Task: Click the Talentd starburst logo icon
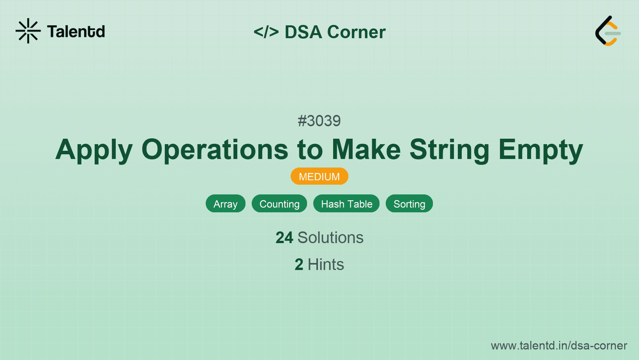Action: tap(28, 31)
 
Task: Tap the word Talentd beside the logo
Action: tap(76, 32)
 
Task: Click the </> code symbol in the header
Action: tap(266, 32)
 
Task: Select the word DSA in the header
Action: tap(304, 32)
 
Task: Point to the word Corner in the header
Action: tap(356, 32)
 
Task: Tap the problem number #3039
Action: tap(319, 121)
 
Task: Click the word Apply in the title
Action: tap(94, 150)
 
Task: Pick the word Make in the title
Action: tap(366, 150)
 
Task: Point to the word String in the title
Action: tap(449, 150)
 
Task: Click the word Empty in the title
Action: tap(540, 150)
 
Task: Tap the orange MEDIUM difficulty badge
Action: tap(319, 176)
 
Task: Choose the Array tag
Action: tap(225, 204)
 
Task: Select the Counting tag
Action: tap(279, 204)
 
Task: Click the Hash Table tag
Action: tap(346, 204)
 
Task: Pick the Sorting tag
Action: tap(409, 204)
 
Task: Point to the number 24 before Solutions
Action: tap(284, 238)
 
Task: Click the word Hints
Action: tap(326, 265)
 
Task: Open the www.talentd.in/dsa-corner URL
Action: tap(559, 346)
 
